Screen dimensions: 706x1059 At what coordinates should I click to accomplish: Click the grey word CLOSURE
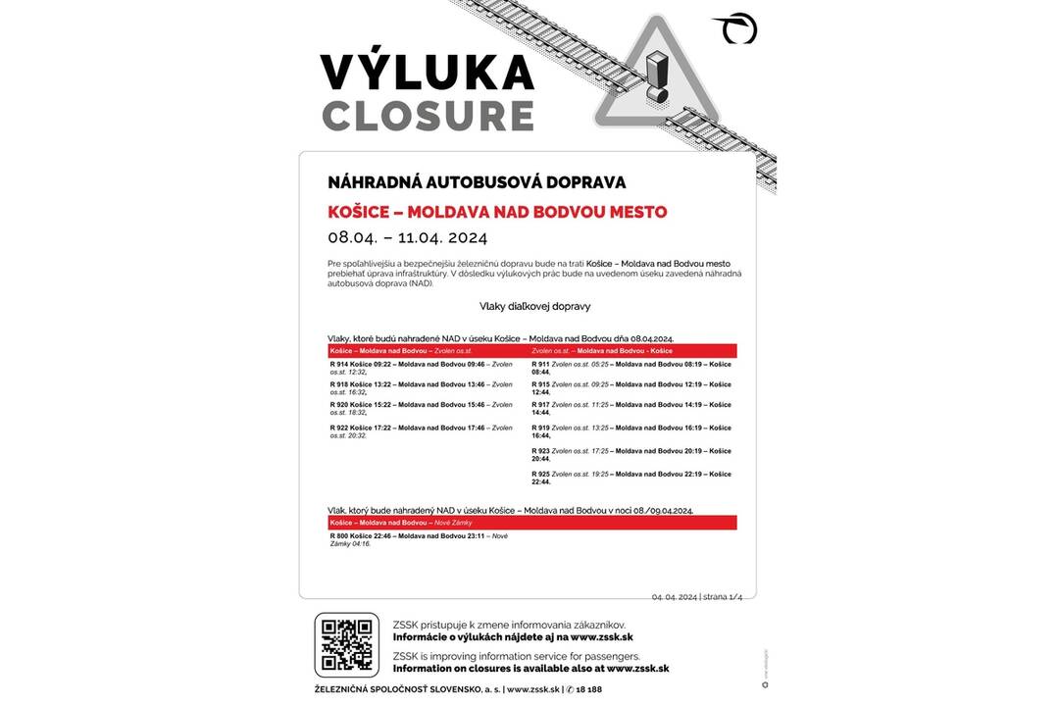[x=428, y=116]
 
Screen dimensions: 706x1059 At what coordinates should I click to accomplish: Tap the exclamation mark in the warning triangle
[x=657, y=76]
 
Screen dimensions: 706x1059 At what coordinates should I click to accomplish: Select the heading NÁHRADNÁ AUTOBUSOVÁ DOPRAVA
[x=477, y=182]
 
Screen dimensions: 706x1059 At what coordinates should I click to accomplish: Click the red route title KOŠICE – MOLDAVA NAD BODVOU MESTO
[x=497, y=212]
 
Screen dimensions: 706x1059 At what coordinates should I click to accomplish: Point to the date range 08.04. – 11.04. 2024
[x=407, y=237]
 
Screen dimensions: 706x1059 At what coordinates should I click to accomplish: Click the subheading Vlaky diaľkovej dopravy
[x=534, y=306]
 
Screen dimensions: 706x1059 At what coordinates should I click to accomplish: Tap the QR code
[x=346, y=644]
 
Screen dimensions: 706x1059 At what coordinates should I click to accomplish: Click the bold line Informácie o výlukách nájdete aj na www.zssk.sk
[x=513, y=637]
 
